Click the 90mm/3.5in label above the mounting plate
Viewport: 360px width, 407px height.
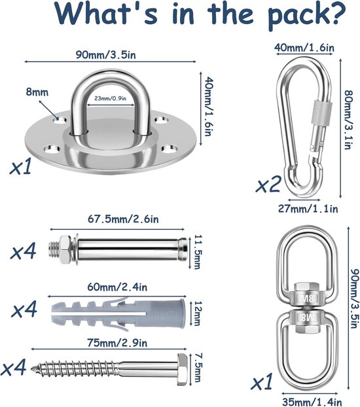point(106,55)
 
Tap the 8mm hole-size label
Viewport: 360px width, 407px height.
point(37,92)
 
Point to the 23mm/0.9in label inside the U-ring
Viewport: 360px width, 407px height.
point(110,98)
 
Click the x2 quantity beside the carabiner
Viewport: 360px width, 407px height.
point(269,184)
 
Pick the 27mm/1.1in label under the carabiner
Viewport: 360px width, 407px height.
point(308,209)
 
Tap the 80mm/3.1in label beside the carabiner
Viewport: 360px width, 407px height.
point(349,120)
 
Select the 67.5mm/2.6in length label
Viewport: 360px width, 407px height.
point(123,219)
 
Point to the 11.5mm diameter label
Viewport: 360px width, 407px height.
point(198,252)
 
